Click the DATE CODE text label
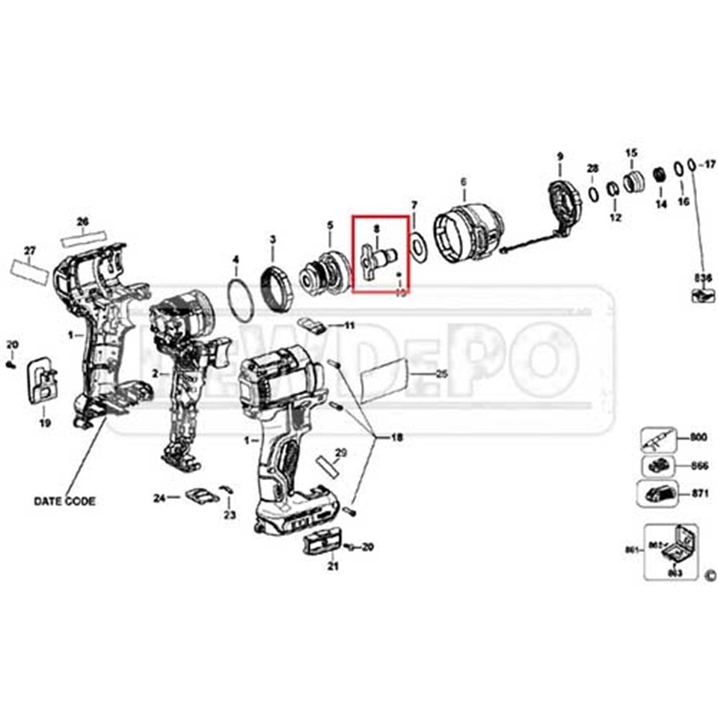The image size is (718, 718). [x=64, y=501]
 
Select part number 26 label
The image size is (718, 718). [x=83, y=221]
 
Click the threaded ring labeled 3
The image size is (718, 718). [x=274, y=289]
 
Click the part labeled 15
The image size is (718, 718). [x=633, y=180]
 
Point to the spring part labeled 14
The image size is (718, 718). [x=660, y=176]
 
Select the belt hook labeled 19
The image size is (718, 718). [x=44, y=381]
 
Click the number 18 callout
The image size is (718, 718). [x=396, y=438]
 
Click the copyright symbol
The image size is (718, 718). [x=710, y=575]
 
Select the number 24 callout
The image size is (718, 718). [x=159, y=497]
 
